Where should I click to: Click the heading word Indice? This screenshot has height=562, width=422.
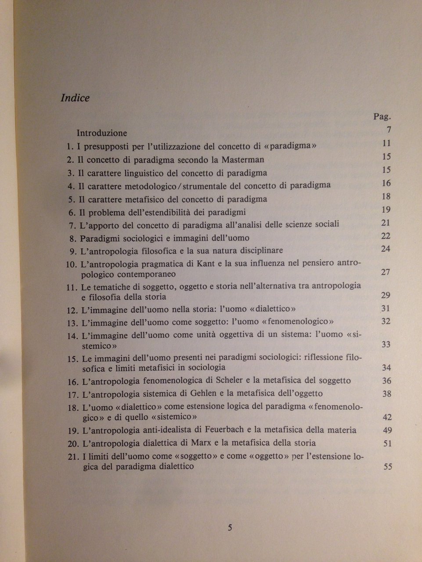point(75,98)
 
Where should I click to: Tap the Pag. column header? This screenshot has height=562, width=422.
point(382,117)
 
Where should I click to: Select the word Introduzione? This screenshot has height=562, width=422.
point(102,133)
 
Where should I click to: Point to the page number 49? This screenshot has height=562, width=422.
point(386,430)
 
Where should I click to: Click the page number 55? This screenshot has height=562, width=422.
point(387,467)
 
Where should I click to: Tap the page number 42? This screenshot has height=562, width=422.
point(386,417)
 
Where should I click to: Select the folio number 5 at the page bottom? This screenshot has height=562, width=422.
point(230,528)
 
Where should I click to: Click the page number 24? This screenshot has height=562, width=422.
point(386,249)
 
